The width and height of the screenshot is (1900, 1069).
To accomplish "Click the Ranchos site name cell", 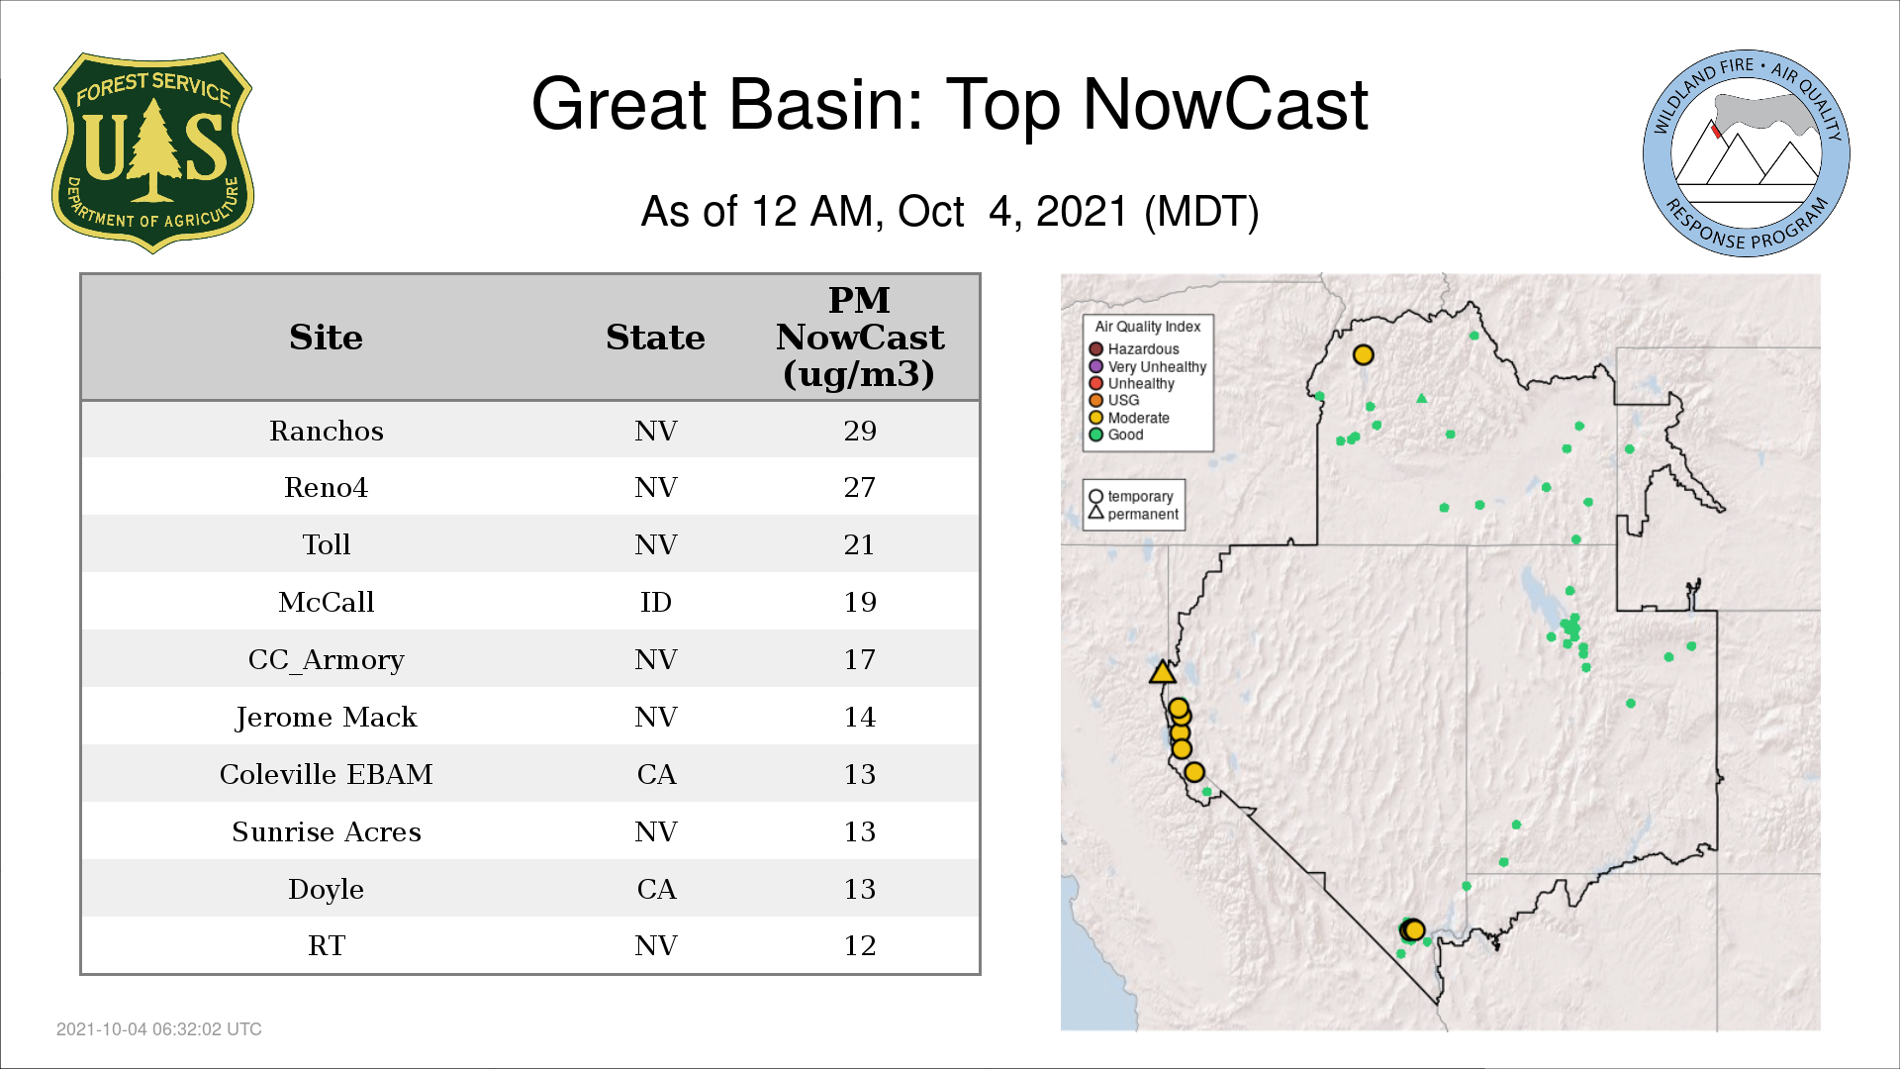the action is click(327, 431).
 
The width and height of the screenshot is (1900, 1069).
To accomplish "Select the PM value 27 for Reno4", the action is click(859, 487).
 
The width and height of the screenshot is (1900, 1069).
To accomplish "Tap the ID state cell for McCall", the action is click(655, 602).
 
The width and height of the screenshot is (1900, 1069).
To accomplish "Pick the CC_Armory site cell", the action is click(327, 659).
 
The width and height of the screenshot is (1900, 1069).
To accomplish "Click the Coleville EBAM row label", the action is click(327, 774).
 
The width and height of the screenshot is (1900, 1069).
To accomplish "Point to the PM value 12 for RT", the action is click(859, 945).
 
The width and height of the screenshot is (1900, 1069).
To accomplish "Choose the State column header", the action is click(655, 338).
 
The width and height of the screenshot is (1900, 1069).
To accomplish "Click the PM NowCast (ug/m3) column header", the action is click(859, 337).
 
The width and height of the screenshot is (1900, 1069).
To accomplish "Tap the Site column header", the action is click(327, 338).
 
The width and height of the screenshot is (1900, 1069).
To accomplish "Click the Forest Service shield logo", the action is click(152, 152).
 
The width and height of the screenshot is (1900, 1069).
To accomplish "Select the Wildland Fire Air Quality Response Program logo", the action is click(1746, 153).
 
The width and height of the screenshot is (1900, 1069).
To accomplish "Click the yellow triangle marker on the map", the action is click(1163, 673).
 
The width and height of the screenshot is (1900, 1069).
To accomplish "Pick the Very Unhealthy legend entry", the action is click(1148, 366).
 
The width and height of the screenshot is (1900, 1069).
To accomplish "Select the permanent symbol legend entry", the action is click(1134, 514).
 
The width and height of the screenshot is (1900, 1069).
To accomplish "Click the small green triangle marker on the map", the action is click(1422, 399).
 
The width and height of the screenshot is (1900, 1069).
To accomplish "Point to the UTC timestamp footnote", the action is click(159, 1029).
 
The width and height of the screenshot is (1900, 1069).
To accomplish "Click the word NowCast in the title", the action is click(1226, 105).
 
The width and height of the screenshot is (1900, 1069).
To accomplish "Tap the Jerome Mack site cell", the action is click(327, 717).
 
